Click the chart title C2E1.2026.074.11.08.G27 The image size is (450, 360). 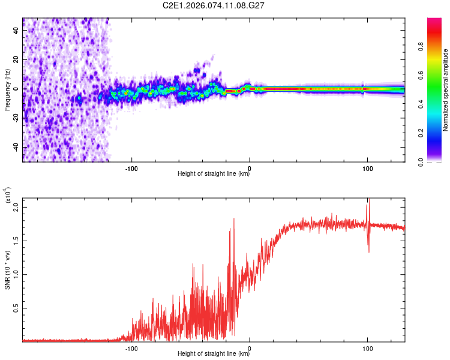pos(214,5)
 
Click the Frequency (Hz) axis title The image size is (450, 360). pos(7,89)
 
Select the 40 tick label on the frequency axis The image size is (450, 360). pos(17,31)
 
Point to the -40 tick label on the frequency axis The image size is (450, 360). pos(16,147)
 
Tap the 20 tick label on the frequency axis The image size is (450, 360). pos(17,60)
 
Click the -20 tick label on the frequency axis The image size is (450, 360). pos(16,118)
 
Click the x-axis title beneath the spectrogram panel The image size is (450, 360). pos(214,174)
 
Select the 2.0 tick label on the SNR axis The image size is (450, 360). pos(16,206)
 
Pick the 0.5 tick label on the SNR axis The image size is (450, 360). pos(16,308)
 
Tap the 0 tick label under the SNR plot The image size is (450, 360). pos(250,347)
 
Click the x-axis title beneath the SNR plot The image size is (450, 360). pos(214,354)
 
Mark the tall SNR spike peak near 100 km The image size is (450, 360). pos(370,200)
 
